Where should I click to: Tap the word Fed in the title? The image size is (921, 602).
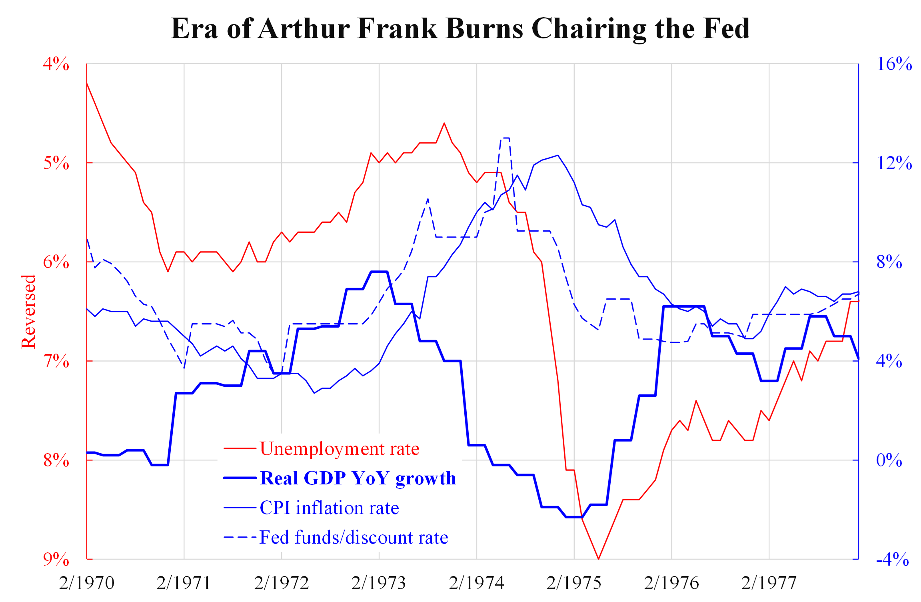726,29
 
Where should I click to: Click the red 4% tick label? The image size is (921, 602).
56,64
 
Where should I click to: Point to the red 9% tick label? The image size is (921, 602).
56,559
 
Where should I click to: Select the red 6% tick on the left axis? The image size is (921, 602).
56,262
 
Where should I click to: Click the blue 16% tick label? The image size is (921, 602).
894,64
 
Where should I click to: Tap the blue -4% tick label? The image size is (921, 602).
892,559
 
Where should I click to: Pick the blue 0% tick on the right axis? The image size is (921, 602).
889,460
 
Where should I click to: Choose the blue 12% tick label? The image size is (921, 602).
894,163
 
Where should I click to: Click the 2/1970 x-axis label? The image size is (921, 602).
86,583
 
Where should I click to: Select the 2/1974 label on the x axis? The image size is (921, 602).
476,583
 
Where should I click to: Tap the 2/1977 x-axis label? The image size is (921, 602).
769,583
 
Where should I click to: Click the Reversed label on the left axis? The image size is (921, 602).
29,311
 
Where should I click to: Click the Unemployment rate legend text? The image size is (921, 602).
339,449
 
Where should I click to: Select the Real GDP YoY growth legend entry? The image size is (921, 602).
358,478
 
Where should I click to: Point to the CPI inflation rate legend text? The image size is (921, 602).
329,508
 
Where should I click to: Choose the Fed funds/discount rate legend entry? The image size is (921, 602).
354,537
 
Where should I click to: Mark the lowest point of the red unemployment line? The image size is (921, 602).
598,559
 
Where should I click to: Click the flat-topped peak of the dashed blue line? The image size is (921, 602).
505,138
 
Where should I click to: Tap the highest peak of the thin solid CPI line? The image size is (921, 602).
557,155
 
